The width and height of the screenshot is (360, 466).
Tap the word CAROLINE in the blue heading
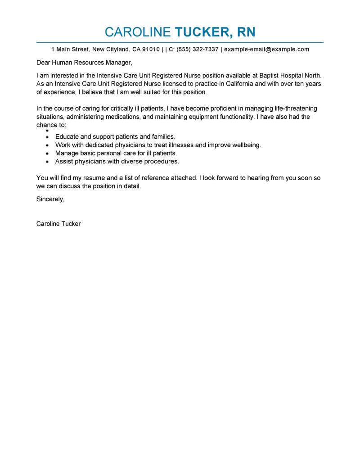coord(137,32)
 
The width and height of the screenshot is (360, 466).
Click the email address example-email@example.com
coord(266,49)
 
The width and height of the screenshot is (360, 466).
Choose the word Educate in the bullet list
coord(67,136)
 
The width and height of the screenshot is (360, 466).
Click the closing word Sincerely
coord(50,199)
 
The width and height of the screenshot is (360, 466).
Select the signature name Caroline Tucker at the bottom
coord(58,223)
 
